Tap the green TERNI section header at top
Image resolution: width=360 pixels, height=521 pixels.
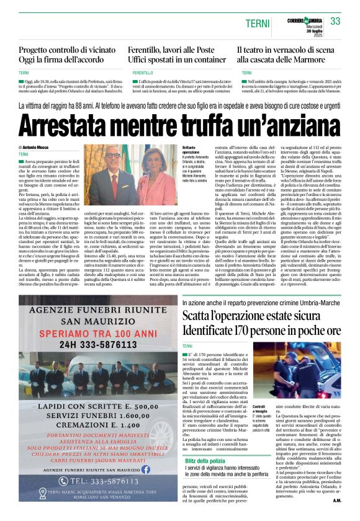pyautogui.click(x=256, y=22)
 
